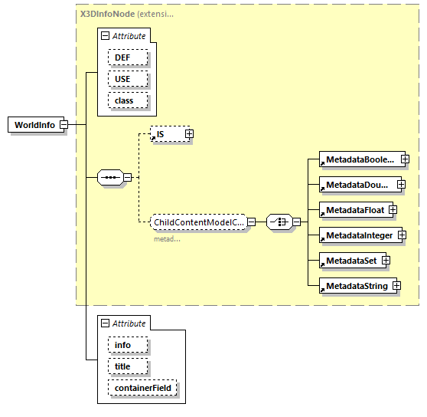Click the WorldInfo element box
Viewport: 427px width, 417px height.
click(34, 125)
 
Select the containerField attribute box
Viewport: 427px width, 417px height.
click(144, 389)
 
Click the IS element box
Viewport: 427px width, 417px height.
click(167, 134)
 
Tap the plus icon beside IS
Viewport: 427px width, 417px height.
click(189, 134)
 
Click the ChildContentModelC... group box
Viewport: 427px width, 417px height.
click(197, 222)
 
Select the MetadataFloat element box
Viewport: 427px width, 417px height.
click(354, 208)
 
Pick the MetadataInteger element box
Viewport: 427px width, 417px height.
click(357, 235)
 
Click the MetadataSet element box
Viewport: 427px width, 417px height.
click(350, 261)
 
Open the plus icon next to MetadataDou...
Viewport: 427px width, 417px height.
click(401, 185)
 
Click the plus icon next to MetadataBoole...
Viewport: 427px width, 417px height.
click(404, 159)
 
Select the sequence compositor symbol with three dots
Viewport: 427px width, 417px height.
click(110, 178)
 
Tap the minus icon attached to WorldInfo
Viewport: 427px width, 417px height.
click(64, 125)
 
